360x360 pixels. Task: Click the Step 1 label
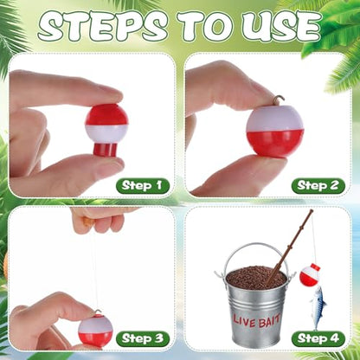(x=142, y=185)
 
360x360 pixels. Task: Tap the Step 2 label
(x=318, y=185)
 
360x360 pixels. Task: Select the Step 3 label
(x=143, y=338)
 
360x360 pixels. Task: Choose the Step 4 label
(x=318, y=338)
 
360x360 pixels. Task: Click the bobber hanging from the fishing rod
(x=309, y=274)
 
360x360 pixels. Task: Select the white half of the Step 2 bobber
(x=274, y=119)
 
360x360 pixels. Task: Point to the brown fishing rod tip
(x=311, y=211)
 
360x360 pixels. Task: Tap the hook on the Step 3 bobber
(x=97, y=312)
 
